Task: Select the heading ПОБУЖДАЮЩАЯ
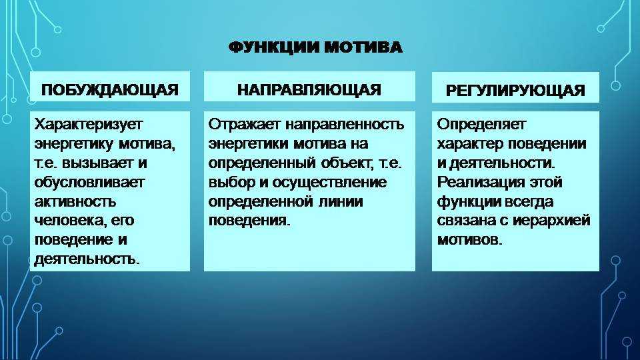[110, 90]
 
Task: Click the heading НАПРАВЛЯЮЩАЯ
[309, 90]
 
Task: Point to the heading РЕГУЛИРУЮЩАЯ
[515, 90]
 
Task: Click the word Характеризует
[89, 124]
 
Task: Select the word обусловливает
[89, 183]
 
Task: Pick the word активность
[75, 201]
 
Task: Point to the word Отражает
[244, 124]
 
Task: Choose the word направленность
[344, 124]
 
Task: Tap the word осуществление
[329, 183]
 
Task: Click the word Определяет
[481, 124]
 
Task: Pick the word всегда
[530, 201]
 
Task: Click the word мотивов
[469, 240]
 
